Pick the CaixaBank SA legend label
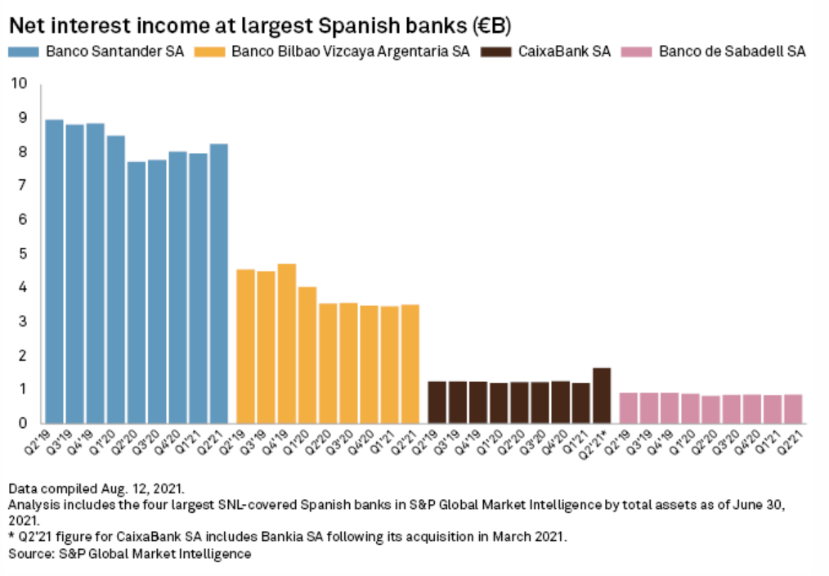(564, 52)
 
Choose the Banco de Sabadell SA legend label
(732, 52)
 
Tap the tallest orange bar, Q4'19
(286, 344)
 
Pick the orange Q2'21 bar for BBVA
(410, 364)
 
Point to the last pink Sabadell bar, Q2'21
(792, 409)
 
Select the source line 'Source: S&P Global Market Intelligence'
(129, 555)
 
